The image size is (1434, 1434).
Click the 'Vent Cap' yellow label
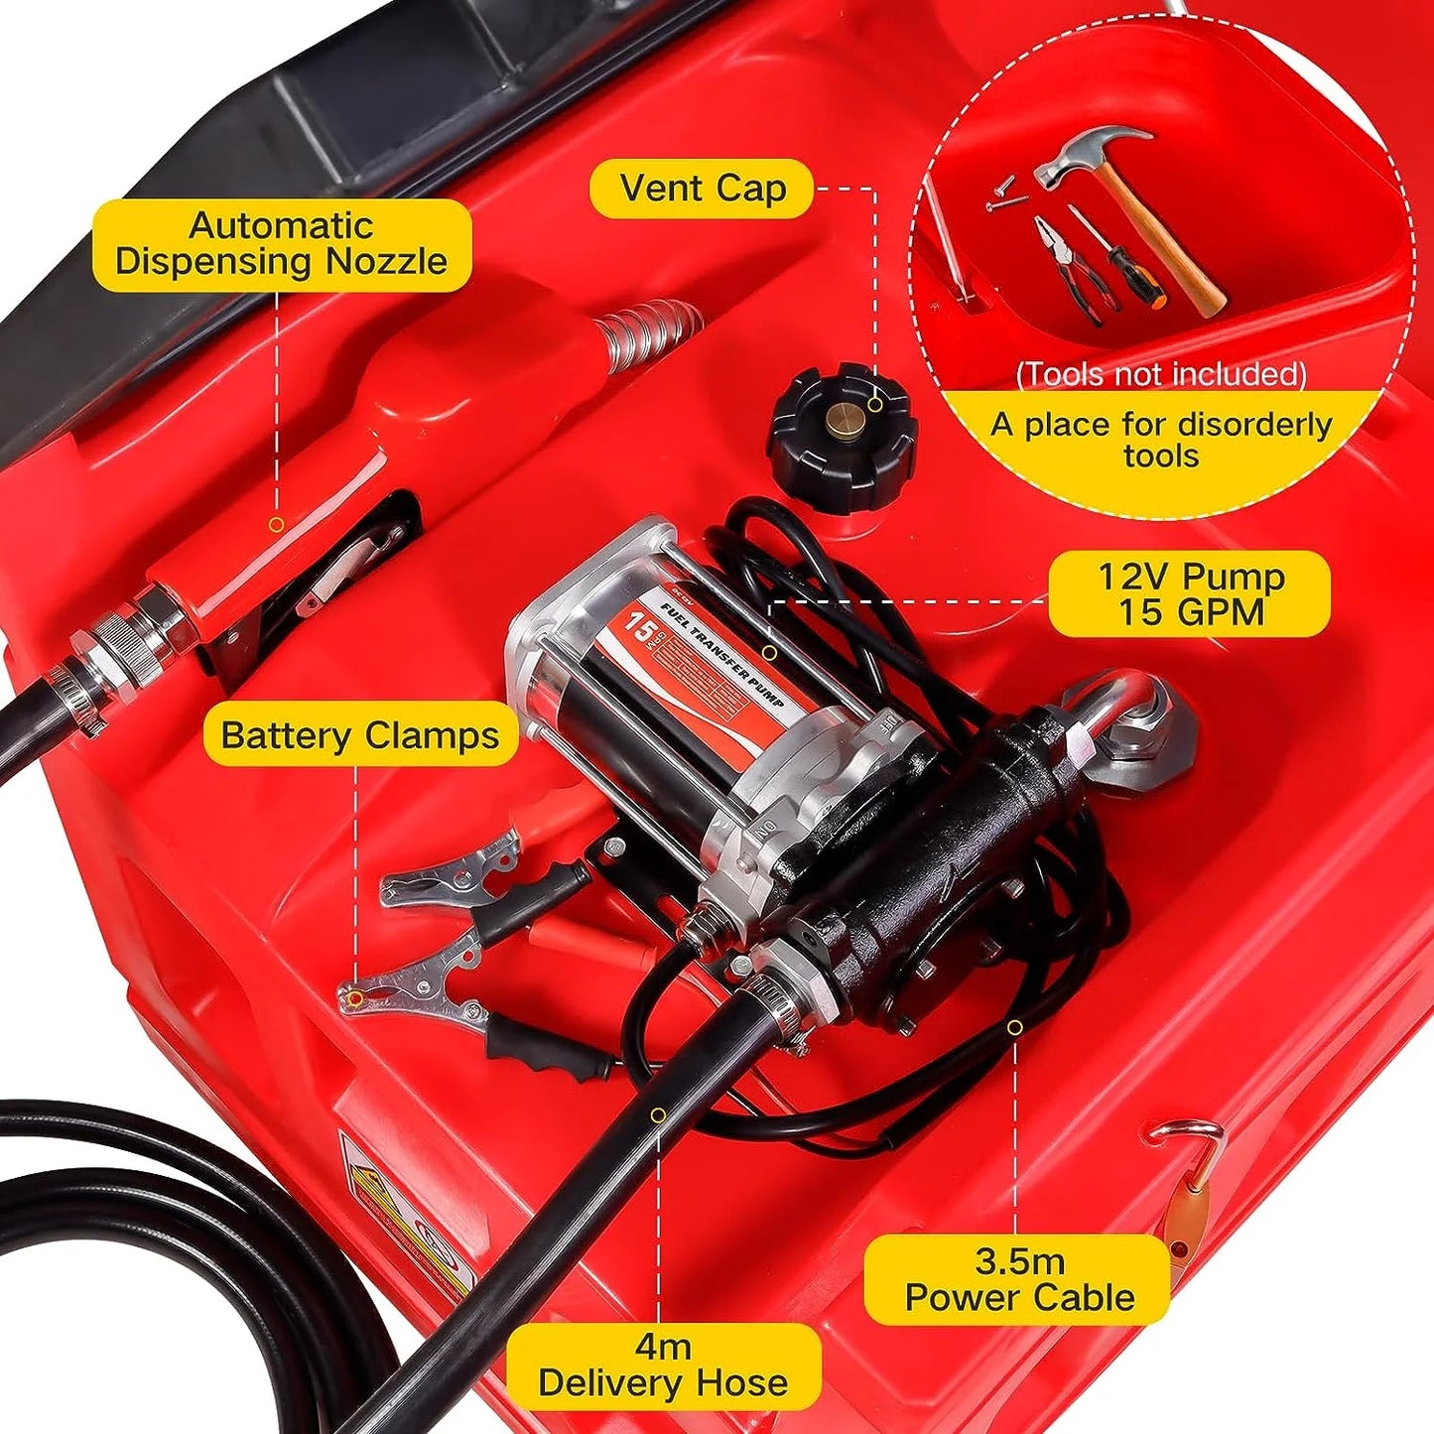coord(702,189)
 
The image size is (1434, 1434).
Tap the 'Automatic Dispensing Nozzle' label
coord(282,244)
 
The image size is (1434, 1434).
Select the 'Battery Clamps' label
coord(360,735)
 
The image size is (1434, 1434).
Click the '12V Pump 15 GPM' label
coord(1190,593)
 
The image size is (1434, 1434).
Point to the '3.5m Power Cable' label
coord(1018,1279)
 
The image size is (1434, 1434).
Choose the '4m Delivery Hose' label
coord(663,1366)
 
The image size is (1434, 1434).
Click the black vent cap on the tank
coord(841,437)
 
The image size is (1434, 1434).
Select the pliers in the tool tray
coord(1067,268)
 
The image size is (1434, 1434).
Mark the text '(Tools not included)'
coord(1161,374)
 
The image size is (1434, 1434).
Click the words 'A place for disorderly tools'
coord(1161,440)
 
